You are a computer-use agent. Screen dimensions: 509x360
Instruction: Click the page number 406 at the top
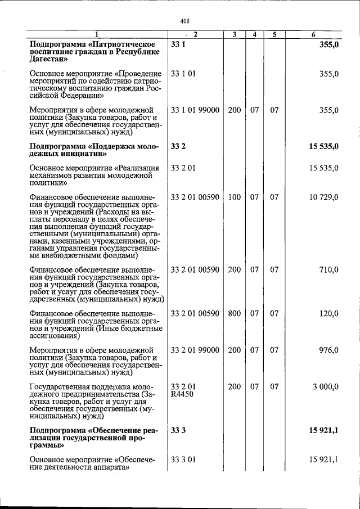tap(184, 21)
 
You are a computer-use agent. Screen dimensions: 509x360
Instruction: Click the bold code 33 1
tap(178, 44)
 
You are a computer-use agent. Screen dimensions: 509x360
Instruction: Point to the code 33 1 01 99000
tap(195, 110)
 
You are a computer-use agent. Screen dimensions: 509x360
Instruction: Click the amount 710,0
tap(328, 270)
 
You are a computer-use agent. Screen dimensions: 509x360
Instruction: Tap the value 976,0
tap(328, 350)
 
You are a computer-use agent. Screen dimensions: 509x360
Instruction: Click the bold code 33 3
tap(178, 431)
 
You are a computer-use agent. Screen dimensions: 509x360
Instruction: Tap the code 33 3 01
tap(183, 461)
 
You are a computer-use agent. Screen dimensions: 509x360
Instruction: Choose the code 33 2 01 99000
tap(195, 350)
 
